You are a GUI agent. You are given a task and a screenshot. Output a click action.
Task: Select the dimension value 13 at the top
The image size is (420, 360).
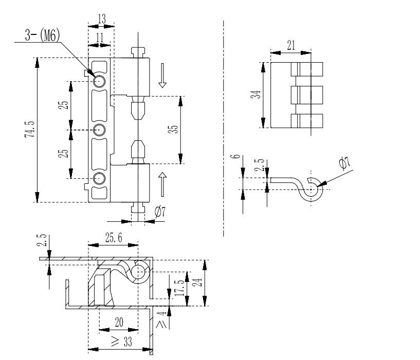pos(101,18)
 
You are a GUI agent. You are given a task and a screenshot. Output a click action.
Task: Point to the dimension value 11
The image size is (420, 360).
pos(100,37)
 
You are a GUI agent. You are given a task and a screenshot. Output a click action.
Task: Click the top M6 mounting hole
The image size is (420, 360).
pos(99,81)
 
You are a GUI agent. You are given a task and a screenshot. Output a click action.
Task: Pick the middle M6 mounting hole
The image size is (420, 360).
pos(99,129)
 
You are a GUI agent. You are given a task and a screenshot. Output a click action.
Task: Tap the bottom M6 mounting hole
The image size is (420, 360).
pos(99,178)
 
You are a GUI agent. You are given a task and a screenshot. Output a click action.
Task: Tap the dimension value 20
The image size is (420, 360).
pos(119,322)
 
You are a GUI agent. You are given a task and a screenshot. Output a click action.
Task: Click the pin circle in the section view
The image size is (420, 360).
pos(139,272)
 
